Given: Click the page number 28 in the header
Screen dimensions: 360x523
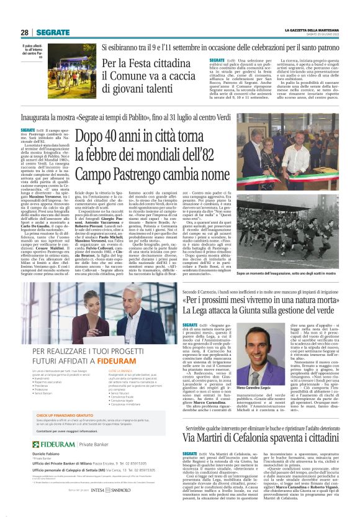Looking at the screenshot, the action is pos(24,32).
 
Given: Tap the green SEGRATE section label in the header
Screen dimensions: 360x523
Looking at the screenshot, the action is pos(52,32).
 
